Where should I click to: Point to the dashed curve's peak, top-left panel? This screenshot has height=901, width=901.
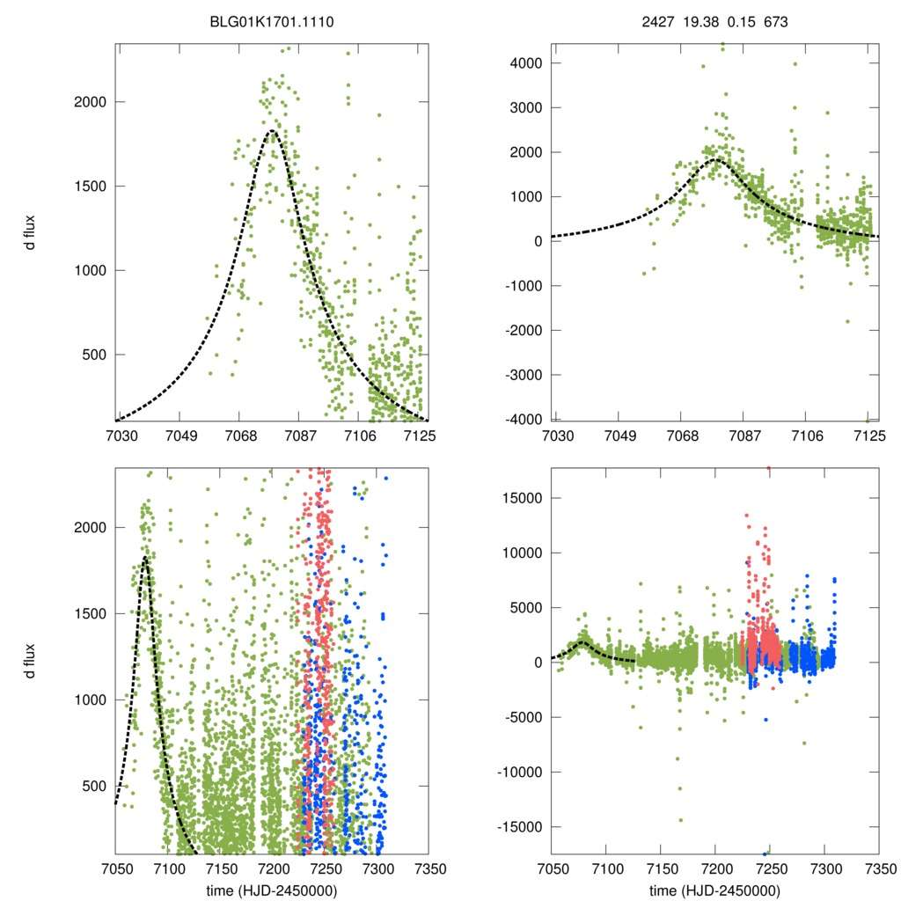coord(272,131)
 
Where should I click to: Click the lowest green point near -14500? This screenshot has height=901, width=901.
coord(680,820)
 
